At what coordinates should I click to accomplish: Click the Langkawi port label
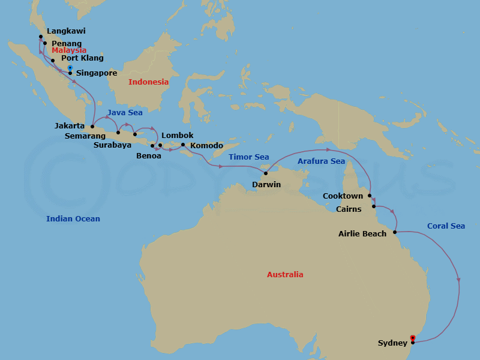click(66, 31)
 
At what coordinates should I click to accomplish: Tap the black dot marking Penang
click(45, 43)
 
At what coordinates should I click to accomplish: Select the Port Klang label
click(82, 58)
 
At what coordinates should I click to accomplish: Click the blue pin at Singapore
click(70, 68)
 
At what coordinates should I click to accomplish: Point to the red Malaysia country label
click(68, 50)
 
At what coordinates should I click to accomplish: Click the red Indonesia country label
click(148, 82)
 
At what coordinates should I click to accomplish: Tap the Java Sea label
click(125, 112)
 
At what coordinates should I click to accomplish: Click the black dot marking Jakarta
click(92, 127)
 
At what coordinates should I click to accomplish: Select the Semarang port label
click(85, 136)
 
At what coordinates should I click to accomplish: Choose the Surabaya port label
click(112, 145)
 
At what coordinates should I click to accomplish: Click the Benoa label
click(149, 156)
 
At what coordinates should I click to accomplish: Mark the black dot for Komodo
click(183, 145)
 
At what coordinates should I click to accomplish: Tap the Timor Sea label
click(248, 157)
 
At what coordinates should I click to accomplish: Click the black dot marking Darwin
click(266, 173)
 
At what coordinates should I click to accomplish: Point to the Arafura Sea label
click(321, 161)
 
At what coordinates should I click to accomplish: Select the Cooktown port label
click(343, 196)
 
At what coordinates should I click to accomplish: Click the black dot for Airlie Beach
click(395, 232)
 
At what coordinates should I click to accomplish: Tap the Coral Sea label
click(446, 226)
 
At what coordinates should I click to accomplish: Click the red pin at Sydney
click(412, 337)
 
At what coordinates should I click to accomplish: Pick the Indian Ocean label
click(73, 219)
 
